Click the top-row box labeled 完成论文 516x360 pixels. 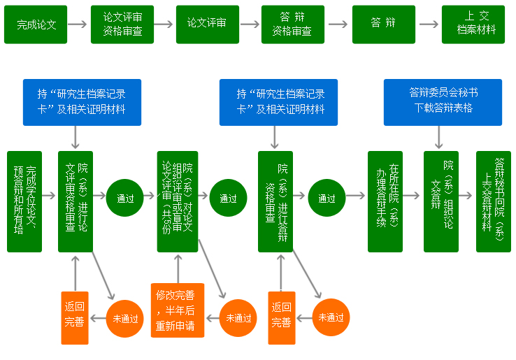36,24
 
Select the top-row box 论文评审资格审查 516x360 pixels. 122,24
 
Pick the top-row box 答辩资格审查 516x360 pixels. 292,24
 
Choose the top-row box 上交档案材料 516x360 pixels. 473,24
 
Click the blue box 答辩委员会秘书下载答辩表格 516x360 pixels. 443,102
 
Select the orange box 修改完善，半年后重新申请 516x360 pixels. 178,310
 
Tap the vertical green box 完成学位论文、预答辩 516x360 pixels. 24,201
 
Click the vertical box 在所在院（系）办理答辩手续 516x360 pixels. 385,201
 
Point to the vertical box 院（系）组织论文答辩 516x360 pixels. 441,201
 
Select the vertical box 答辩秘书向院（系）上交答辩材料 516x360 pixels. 493,201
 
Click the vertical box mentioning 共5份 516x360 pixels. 178,201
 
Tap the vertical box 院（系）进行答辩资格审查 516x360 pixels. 275,201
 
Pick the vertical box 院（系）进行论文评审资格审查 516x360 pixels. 76,201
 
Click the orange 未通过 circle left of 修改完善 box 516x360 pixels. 238,318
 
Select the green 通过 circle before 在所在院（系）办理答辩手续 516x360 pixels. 327,199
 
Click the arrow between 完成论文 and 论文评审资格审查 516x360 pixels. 78,24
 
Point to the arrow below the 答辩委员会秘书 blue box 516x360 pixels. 439,138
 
